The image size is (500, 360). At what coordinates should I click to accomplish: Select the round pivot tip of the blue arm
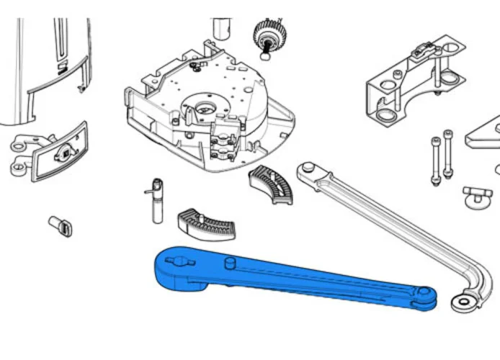point(427,294)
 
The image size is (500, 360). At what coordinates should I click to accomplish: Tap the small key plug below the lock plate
point(60,225)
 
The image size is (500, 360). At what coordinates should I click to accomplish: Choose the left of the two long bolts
point(436,162)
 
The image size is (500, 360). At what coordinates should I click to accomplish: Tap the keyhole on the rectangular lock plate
point(64,153)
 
